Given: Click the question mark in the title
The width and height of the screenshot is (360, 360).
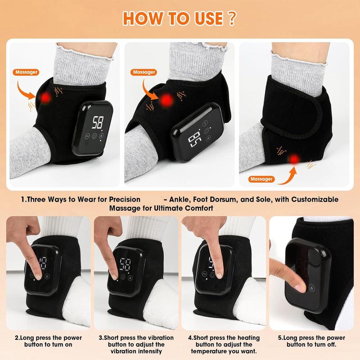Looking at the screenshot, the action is point(232,18).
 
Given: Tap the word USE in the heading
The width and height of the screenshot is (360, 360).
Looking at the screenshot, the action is point(209,18).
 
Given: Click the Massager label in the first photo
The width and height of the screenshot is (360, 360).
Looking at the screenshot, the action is point(26,72).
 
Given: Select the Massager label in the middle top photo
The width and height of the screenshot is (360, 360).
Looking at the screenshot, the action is point(144,72).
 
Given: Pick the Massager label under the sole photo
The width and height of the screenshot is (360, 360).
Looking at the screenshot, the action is point(261,179).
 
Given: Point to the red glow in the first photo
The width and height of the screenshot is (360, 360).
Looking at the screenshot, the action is point(45,97).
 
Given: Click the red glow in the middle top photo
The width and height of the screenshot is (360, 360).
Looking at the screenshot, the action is point(166,100).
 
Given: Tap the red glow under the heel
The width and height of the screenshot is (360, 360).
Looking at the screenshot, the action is point(294,159).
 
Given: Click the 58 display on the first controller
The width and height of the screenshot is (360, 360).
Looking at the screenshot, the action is point(98,122).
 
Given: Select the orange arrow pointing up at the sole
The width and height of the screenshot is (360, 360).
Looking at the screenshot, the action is point(290,178).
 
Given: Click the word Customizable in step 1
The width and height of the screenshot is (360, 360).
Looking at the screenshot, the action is point(315,199).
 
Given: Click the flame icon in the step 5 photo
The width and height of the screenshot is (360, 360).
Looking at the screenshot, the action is point(312,288).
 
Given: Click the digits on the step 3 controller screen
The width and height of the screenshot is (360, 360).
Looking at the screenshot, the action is point(126,264).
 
